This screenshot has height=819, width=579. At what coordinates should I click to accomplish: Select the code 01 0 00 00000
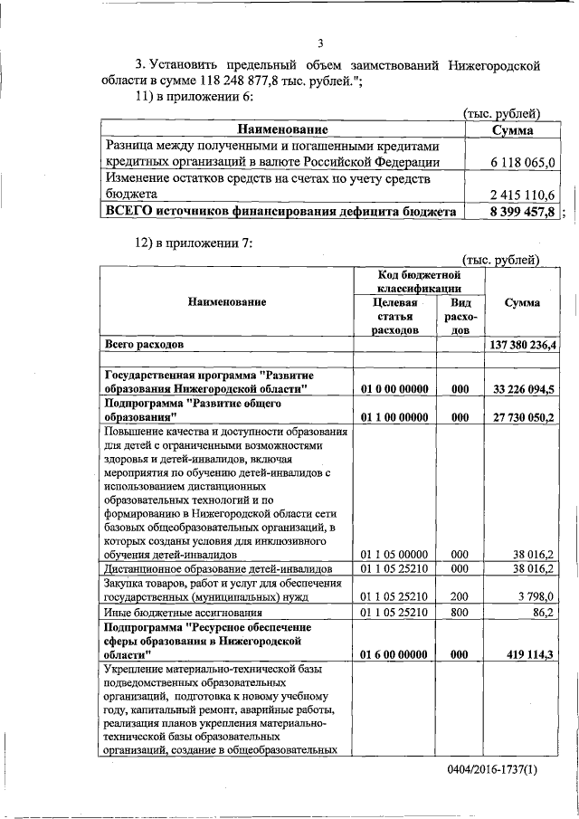click(396, 388)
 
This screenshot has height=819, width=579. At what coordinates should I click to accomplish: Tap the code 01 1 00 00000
click(396, 417)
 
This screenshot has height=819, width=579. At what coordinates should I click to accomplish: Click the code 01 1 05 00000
click(396, 554)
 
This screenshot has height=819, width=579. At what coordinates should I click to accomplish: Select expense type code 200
click(460, 596)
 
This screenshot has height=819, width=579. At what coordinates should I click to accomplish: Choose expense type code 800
click(460, 613)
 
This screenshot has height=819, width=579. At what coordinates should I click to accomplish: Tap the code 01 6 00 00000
click(396, 654)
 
